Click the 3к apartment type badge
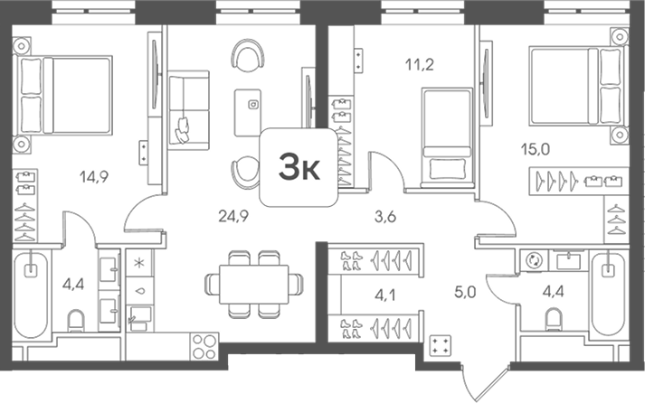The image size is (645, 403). coord(299,167)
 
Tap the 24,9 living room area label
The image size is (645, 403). coord(233,216)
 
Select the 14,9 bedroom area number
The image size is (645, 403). coord(94,177)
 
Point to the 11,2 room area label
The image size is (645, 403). coord(419,64)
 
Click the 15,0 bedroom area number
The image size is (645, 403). coord(536,149)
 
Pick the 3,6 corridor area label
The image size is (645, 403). coord(385,217)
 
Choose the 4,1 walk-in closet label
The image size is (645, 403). coord(385,295)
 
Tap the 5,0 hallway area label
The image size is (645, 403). coord(465,292)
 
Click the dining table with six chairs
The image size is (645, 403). coord(254,285)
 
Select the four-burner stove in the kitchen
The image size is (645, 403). coord(204,347)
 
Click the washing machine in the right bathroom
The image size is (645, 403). coord(534,260)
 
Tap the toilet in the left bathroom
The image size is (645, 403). coord(76,321)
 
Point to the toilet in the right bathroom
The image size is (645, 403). coord(554,320)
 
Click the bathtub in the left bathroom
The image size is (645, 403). coord(31,295)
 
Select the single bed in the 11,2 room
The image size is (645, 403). coord(447,137)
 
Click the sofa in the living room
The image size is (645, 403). coord(189,109)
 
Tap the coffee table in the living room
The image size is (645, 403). coord(248,113)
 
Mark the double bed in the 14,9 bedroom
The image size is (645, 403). coord(62,95)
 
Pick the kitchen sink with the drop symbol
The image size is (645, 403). coord(140,291)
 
